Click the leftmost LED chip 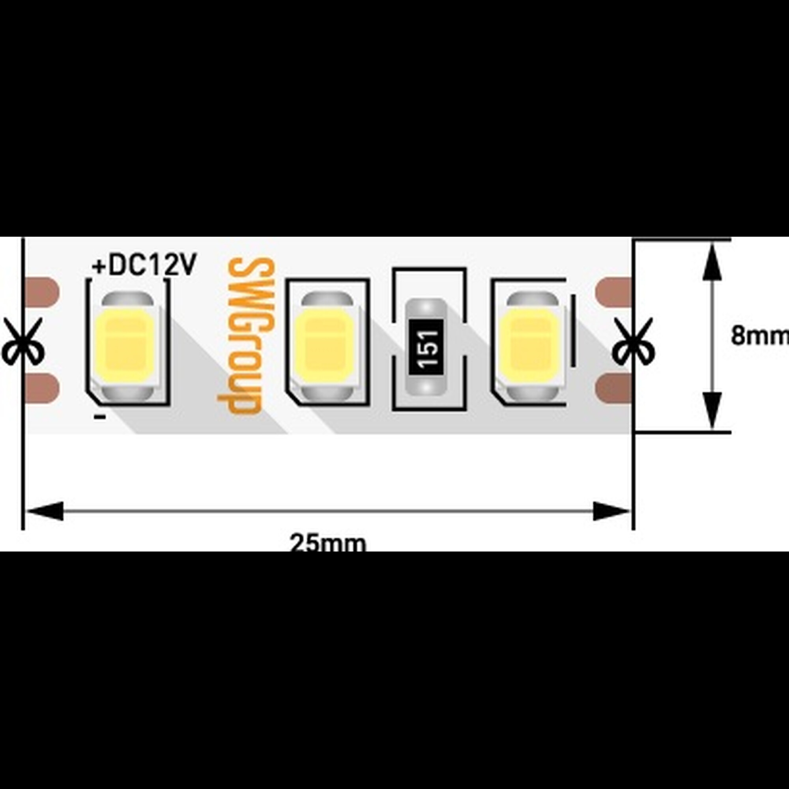tap(127, 346)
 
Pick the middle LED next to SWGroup tap(325, 346)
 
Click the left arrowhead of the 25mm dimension tap(45, 511)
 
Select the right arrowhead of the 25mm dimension tap(611, 511)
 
